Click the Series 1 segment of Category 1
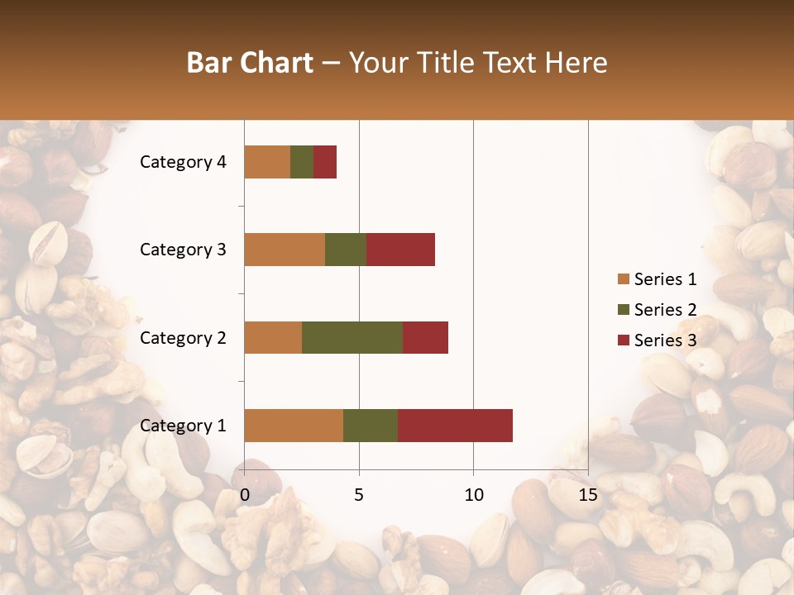click(x=294, y=425)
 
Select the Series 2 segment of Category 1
click(x=371, y=425)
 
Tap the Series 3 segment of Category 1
click(x=455, y=425)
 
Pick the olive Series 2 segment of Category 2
click(x=352, y=337)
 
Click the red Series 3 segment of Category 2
click(x=425, y=337)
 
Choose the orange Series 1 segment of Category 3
click(x=285, y=249)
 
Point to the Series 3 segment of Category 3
click(x=400, y=249)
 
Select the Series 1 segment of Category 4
click(x=267, y=161)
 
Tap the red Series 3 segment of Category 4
click(x=325, y=161)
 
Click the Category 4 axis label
click(x=183, y=162)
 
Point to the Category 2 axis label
click(x=183, y=338)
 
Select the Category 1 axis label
click(x=183, y=426)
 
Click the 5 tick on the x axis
click(x=359, y=495)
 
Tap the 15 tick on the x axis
click(x=588, y=495)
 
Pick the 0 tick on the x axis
click(x=245, y=495)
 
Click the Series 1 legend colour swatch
click(x=623, y=279)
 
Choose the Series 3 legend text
click(x=666, y=340)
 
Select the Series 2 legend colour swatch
click(x=623, y=310)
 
